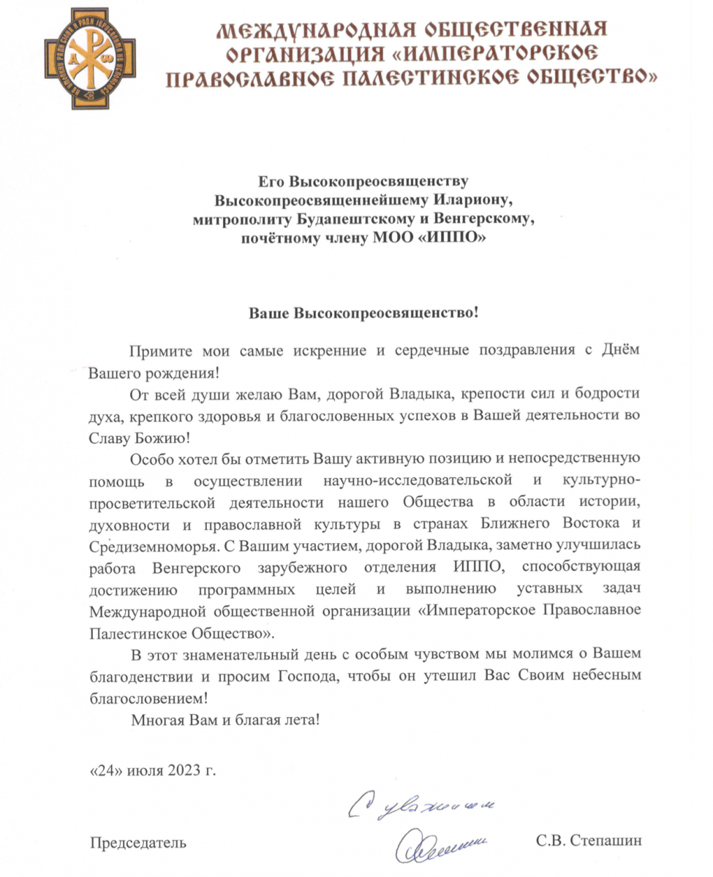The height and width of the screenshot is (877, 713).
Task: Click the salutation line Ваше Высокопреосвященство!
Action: (363, 313)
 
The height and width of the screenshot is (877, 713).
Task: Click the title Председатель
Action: (137, 842)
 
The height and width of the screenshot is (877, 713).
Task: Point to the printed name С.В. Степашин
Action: (589, 842)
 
